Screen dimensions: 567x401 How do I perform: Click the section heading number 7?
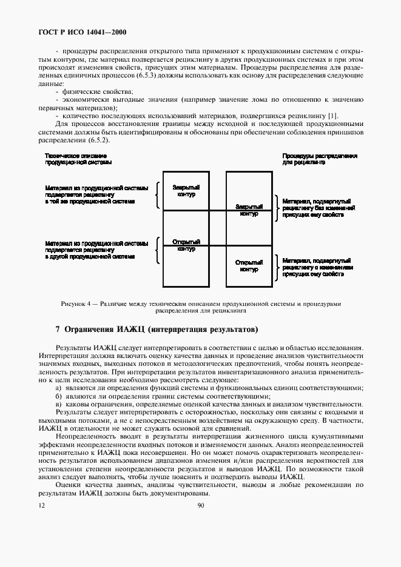point(58,330)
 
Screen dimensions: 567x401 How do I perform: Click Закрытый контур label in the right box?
point(249,210)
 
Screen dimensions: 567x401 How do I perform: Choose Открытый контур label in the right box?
point(249,265)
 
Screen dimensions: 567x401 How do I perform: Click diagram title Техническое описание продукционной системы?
point(78,159)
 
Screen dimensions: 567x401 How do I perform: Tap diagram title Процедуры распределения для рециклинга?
point(319,159)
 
